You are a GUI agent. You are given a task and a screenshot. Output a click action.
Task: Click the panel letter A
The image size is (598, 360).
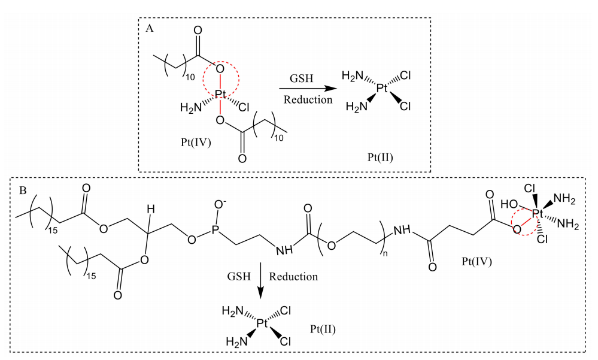coord(150,28)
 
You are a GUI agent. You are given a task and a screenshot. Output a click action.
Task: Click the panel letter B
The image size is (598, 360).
coord(23,190)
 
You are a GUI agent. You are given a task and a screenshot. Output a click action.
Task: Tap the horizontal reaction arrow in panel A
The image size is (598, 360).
coord(308,89)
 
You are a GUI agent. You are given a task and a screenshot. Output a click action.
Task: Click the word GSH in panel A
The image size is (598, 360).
coord(301,78)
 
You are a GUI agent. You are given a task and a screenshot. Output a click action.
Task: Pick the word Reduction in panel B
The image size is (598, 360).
coord(293,276)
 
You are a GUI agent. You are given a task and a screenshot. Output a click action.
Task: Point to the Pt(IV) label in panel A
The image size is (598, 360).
coord(196,143)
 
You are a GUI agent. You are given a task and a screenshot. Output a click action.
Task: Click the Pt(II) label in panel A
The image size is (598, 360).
coord(380,158)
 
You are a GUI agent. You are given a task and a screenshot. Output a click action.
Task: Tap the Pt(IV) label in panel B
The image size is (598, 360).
coord(476,261)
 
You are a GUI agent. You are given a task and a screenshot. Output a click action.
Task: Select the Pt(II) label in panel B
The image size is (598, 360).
coord(323,329)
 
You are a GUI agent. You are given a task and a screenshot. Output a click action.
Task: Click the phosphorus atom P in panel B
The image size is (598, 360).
coord(216,229)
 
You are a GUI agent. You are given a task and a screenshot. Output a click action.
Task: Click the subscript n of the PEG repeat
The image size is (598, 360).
coord(385,253)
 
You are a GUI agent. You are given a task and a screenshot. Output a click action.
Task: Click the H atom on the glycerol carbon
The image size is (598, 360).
coord(151,209)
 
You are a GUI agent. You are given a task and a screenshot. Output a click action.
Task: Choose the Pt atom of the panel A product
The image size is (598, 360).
coord(382,89)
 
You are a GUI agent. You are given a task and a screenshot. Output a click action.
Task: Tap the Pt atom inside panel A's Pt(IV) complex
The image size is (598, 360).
coord(221,94)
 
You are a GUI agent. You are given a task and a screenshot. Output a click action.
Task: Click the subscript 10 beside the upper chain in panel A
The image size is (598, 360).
coord(190,77)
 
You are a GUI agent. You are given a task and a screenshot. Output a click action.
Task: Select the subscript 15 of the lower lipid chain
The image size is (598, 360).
coord(92,276)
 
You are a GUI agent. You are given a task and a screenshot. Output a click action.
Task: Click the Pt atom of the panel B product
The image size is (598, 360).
coord(262,323)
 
